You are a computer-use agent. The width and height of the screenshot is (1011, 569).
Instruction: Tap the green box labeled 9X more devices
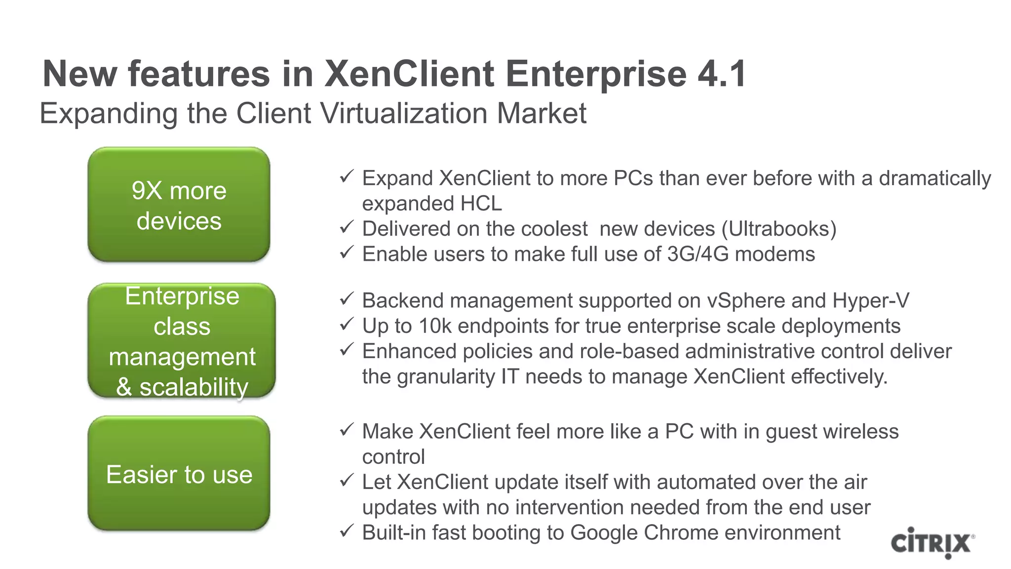(179, 204)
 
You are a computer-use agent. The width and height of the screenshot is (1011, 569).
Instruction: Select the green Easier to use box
(179, 473)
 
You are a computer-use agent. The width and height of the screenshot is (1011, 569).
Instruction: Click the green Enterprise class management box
(181, 340)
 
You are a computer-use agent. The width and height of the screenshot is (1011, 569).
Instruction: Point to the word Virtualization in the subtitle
(405, 113)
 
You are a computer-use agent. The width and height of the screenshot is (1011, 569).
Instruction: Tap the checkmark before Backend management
(347, 298)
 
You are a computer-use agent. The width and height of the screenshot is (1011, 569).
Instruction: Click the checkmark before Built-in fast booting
(347, 530)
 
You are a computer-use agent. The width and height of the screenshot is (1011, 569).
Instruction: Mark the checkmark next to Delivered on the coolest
(347, 227)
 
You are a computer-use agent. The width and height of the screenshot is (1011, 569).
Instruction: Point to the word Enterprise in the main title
(596, 74)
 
